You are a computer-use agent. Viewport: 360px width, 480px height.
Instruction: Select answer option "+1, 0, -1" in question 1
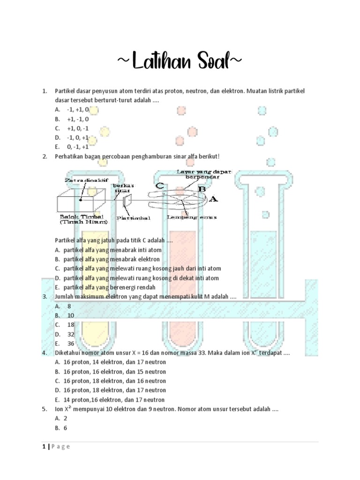point(77,128)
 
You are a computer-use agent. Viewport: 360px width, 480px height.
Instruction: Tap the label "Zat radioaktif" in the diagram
point(80,180)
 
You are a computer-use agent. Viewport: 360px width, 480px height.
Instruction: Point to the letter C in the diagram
point(159,185)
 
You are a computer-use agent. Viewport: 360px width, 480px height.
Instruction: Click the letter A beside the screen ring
point(213,199)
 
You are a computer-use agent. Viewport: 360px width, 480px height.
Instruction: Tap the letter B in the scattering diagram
point(202,189)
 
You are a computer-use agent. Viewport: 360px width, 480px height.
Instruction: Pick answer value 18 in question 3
point(71,325)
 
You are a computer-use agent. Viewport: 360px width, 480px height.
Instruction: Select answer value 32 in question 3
point(71,334)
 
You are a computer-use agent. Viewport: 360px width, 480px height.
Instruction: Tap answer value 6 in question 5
point(66,428)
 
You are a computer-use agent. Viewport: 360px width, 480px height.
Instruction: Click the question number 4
point(44,353)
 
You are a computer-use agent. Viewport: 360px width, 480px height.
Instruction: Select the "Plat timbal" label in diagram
point(127,217)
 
